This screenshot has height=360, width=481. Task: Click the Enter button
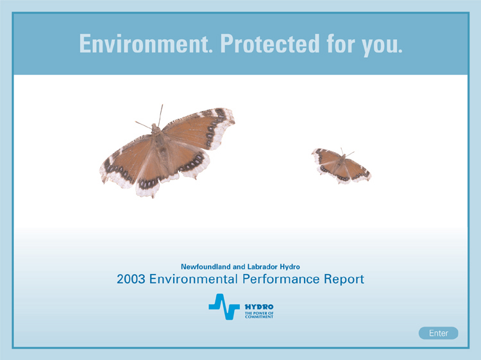tap(439, 333)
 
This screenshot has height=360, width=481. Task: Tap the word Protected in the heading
tap(270, 44)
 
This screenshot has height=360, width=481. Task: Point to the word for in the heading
tap(341, 44)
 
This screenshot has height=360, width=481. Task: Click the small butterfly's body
tap(341, 164)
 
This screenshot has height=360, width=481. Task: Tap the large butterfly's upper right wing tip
tap(233, 118)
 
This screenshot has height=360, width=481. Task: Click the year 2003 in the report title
tap(131, 279)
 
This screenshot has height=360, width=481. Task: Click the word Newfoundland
tap(205, 267)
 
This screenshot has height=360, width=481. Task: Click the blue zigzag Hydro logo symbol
tap(224, 307)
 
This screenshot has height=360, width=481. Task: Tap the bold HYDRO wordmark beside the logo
tap(259, 307)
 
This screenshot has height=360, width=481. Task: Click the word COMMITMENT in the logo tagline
tap(259, 317)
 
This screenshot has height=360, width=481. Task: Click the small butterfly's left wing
tap(325, 162)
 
